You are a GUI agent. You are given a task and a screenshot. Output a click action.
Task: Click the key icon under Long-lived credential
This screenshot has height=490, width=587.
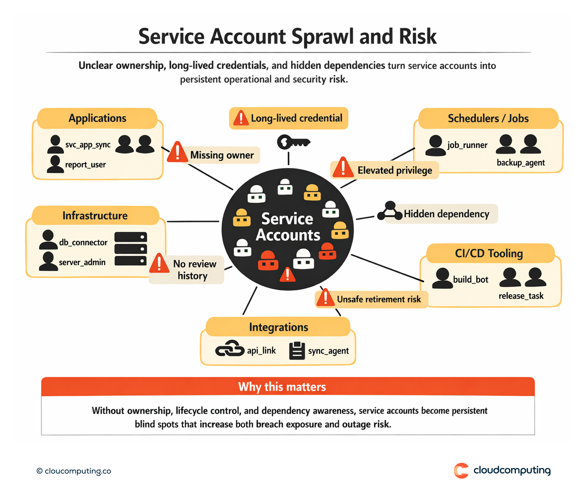tap(293, 143)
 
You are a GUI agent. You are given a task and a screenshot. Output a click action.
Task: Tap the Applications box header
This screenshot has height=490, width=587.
tap(97, 118)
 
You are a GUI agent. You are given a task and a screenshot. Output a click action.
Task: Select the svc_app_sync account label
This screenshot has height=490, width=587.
tap(88, 145)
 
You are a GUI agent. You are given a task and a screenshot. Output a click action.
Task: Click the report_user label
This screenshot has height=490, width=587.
tap(85, 165)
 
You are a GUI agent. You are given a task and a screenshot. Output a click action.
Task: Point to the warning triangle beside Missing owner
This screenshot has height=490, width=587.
tap(177, 152)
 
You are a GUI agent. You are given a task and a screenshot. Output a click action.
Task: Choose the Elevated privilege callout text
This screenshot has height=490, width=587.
tap(395, 171)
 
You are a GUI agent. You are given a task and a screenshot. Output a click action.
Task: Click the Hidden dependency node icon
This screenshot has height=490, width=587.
tap(390, 211)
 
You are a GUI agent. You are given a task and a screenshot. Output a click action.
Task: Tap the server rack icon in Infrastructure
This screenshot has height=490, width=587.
tap(130, 249)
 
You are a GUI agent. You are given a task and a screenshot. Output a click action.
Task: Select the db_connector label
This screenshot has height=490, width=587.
tap(83, 242)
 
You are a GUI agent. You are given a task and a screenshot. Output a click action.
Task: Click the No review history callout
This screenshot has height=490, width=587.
tap(194, 270)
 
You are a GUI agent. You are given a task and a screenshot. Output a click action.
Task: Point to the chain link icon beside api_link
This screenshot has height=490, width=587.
tap(230, 349)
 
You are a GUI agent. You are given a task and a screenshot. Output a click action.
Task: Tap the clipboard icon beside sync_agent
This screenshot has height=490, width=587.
tap(297, 350)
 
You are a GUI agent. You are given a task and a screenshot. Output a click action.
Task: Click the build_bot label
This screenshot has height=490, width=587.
tap(471, 280)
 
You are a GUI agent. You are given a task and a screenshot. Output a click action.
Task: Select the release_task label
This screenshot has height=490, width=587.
tap(521, 296)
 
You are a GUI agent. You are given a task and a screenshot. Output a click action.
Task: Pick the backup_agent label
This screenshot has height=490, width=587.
tap(520, 163)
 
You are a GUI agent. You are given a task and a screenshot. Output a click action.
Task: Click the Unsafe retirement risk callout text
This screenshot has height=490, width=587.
tap(379, 299)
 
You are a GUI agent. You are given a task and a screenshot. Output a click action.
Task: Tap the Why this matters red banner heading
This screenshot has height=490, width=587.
tap(282, 387)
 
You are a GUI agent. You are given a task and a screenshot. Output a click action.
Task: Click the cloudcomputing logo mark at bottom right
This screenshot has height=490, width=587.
tap(461, 471)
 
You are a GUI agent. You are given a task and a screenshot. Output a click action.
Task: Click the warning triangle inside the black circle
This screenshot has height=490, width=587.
tap(288, 274)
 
